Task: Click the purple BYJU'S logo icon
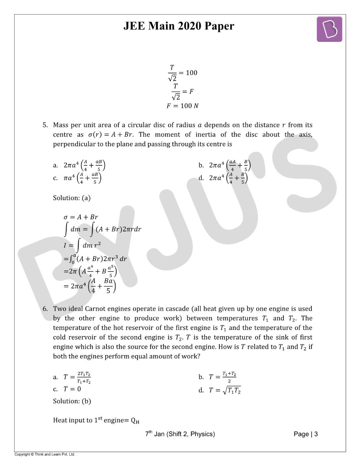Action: click(329, 29)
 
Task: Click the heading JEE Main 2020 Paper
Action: click(178, 26)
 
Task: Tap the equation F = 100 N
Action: click(182, 106)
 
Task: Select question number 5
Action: click(45, 125)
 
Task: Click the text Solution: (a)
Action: click(72, 198)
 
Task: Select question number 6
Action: click(45, 309)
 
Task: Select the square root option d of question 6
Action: click(220, 391)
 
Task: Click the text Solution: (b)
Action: click(72, 401)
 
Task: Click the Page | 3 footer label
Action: click(306, 434)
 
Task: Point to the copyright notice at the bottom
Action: click(45, 455)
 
